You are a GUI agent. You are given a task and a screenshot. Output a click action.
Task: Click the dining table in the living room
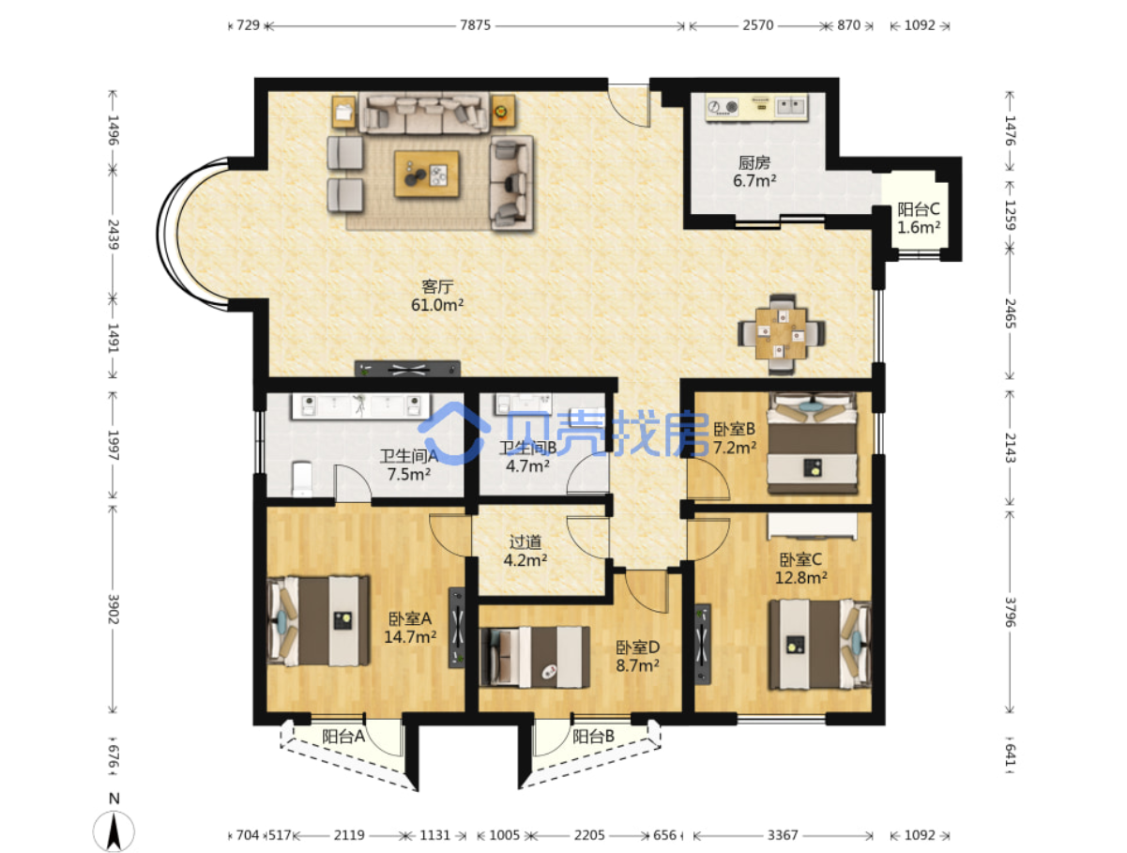point(781,333)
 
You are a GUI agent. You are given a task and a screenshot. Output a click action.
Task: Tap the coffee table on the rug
point(426,174)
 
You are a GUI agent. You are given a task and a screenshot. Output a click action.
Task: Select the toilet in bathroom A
point(302,479)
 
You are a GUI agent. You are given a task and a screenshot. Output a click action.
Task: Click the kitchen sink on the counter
point(791,107)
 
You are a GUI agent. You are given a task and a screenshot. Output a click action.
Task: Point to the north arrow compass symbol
point(114,830)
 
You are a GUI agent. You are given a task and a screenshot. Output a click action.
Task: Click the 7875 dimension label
point(475,25)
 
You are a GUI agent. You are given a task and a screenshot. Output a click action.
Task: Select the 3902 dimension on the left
point(114,609)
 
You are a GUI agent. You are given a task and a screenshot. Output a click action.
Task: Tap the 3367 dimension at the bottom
point(782,835)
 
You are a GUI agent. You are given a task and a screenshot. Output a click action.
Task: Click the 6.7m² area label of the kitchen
point(754,181)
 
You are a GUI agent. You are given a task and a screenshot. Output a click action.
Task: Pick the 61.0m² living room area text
point(437,305)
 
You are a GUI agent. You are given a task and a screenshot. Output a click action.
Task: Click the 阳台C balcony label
point(919,209)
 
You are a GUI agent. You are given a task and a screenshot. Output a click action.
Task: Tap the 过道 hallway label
point(525,541)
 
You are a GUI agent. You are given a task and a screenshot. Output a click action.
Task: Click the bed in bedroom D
point(534,657)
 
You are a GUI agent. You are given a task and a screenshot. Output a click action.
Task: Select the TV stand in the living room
point(407,369)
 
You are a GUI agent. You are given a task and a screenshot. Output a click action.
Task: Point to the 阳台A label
point(343,737)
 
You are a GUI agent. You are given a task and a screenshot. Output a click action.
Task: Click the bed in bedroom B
point(813,443)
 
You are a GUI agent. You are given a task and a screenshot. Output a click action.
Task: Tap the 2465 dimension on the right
point(1010,313)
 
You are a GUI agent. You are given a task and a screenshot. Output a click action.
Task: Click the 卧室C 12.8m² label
point(800,569)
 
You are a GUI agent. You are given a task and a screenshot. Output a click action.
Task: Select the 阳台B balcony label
point(594,737)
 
